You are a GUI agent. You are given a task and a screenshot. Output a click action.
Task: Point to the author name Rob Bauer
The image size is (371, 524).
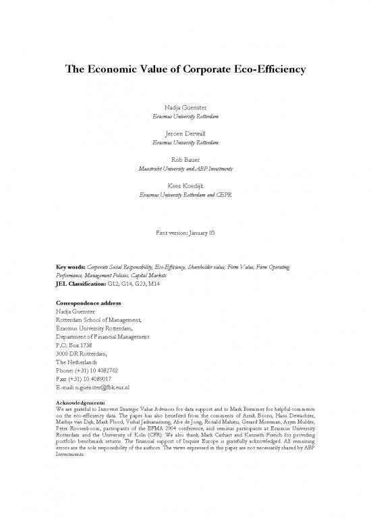click(x=185, y=159)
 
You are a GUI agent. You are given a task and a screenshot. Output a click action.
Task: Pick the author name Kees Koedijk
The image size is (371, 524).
click(x=185, y=185)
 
